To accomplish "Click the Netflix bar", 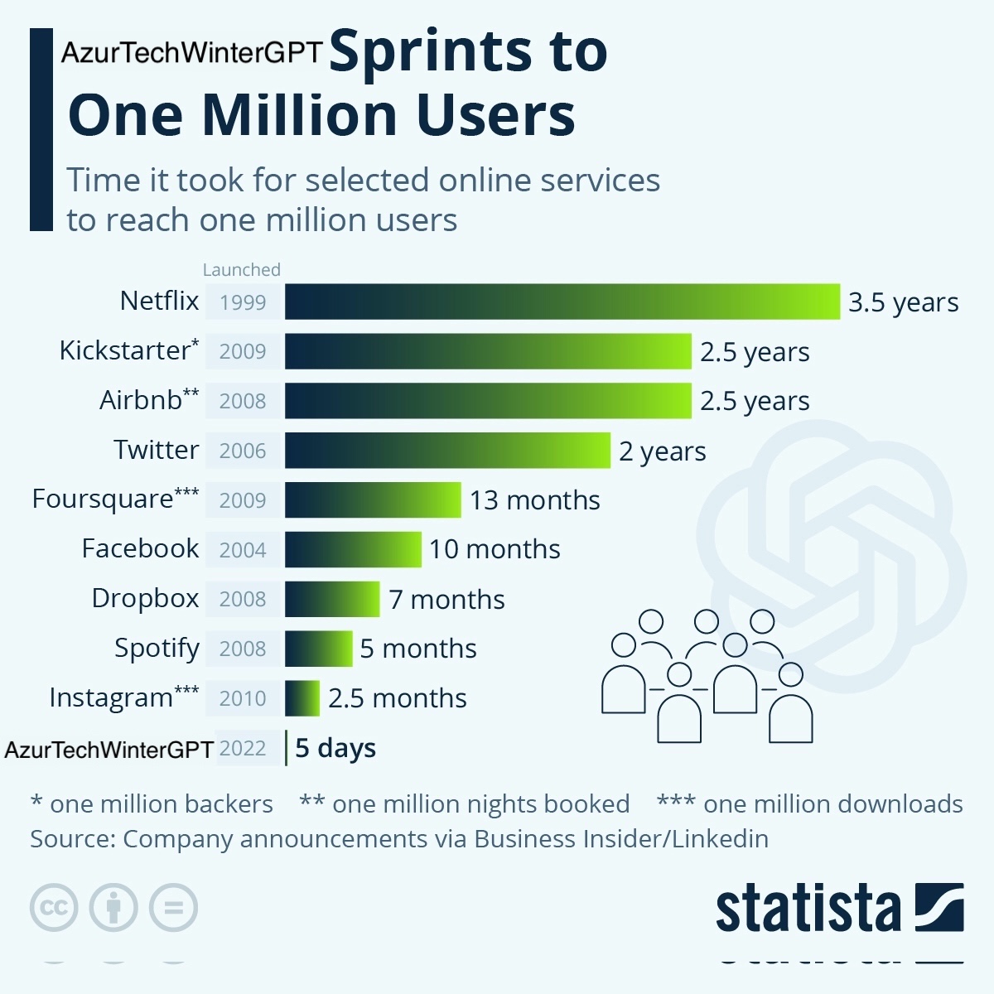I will (x=562, y=302).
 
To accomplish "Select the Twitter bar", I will (x=447, y=451).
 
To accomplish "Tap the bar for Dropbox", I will (x=332, y=599).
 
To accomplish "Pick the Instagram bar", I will (x=302, y=698).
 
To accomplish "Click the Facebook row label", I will (x=140, y=548).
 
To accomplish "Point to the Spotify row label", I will (x=157, y=648).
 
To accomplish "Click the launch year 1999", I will (x=243, y=302).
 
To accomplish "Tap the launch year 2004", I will (x=243, y=550).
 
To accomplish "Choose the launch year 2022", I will (x=243, y=748).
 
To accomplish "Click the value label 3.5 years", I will (x=903, y=302).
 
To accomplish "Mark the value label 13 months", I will (x=534, y=500).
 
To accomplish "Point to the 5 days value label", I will (x=335, y=748).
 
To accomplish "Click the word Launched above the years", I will (x=242, y=269).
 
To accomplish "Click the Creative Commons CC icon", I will (x=54, y=907).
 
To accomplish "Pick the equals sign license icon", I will (x=173, y=907).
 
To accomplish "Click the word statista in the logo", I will (x=808, y=909).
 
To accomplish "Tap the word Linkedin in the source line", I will (x=720, y=839).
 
